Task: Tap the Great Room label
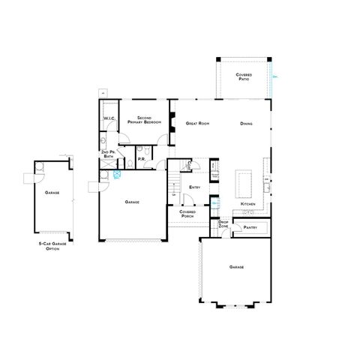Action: (197, 123)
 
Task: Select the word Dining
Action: (246, 123)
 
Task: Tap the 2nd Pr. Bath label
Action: (107, 154)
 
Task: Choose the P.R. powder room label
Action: (140, 159)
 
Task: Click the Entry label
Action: (194, 187)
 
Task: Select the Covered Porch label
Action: (187, 214)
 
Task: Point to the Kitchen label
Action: (248, 204)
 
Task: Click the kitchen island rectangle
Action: (244, 180)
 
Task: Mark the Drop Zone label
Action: (223, 223)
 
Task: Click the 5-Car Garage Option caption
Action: (52, 247)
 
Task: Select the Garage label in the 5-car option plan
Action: (52, 193)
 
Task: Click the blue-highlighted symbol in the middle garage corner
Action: (115, 173)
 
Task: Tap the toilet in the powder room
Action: (130, 160)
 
